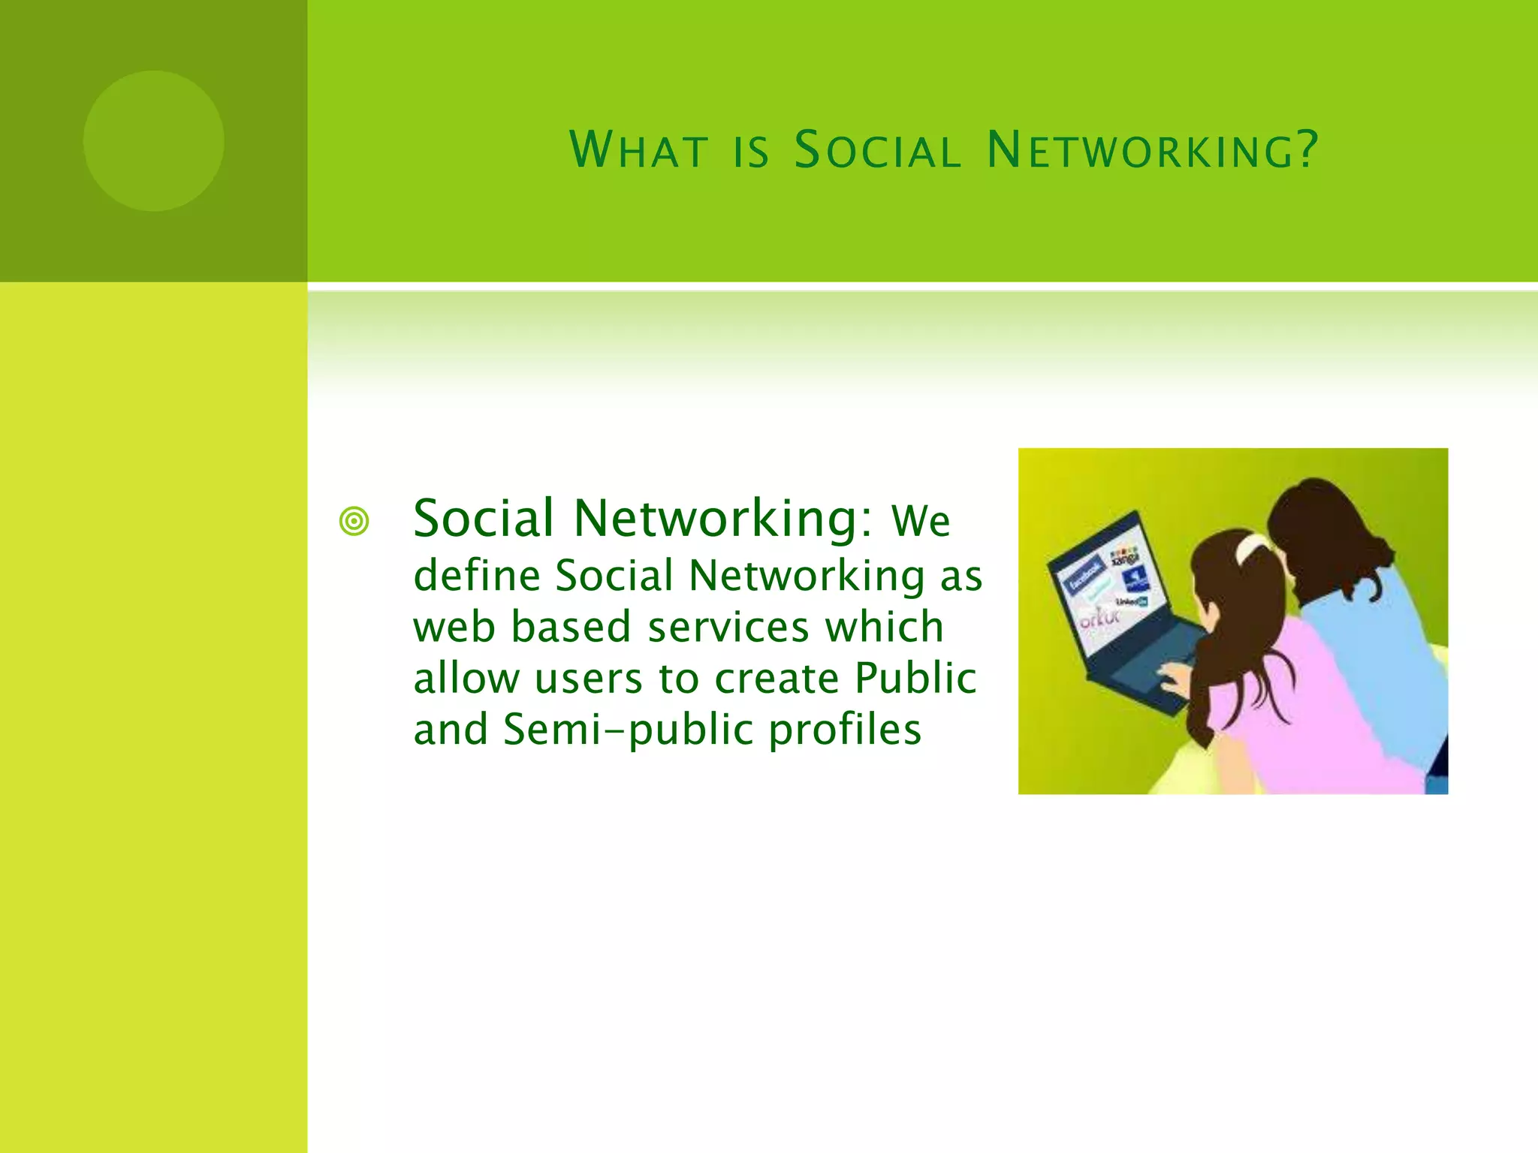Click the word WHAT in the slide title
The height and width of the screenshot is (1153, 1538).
pyautogui.click(x=638, y=149)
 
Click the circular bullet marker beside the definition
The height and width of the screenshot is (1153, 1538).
pyautogui.click(x=354, y=522)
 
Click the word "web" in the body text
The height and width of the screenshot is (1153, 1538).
pyautogui.click(x=454, y=627)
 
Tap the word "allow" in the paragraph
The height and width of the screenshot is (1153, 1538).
pyautogui.click(x=466, y=678)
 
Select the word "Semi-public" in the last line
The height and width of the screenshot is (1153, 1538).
pyautogui.click(x=628, y=729)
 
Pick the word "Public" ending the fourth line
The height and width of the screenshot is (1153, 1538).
pyautogui.click(x=915, y=678)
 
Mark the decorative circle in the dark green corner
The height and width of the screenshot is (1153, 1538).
pyautogui.click(x=154, y=141)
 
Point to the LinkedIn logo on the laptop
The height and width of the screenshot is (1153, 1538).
pyautogui.click(x=1131, y=601)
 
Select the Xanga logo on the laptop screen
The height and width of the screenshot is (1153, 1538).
pyautogui.click(x=1124, y=558)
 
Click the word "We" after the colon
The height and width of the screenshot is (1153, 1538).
pyautogui.click(x=920, y=521)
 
